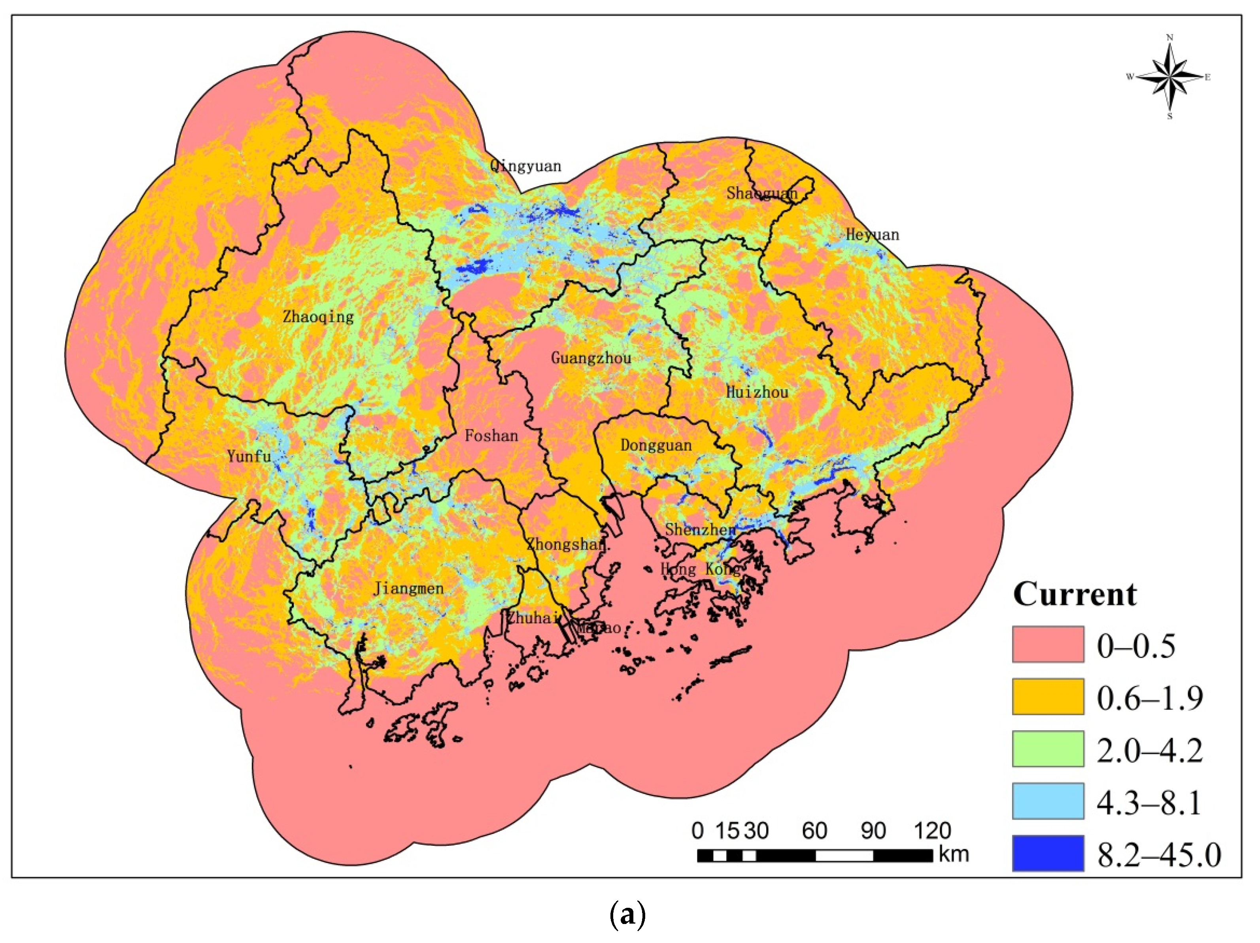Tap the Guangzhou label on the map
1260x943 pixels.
point(591,358)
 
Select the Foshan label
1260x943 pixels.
point(491,436)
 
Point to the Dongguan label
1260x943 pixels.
point(656,445)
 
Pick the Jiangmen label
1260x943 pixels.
point(408,588)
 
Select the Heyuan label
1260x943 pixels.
point(871,234)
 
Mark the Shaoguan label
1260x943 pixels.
point(761,193)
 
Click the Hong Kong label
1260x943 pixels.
point(700,569)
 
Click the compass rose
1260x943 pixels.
point(1169,77)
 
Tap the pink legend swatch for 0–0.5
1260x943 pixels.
point(1048,644)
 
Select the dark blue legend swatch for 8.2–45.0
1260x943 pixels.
point(1048,853)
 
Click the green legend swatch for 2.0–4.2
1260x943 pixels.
point(1048,749)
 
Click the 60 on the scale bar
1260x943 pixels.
point(814,831)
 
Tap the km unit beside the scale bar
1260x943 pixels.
point(954,854)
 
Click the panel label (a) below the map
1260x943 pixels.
point(628,916)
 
